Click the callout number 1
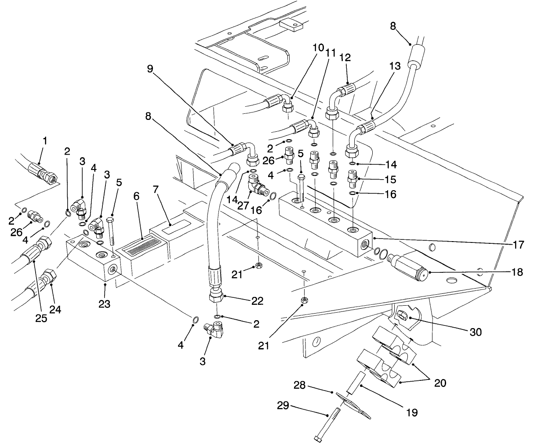(x=44, y=141)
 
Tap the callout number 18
(x=517, y=272)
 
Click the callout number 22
(x=257, y=301)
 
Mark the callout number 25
(x=41, y=318)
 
